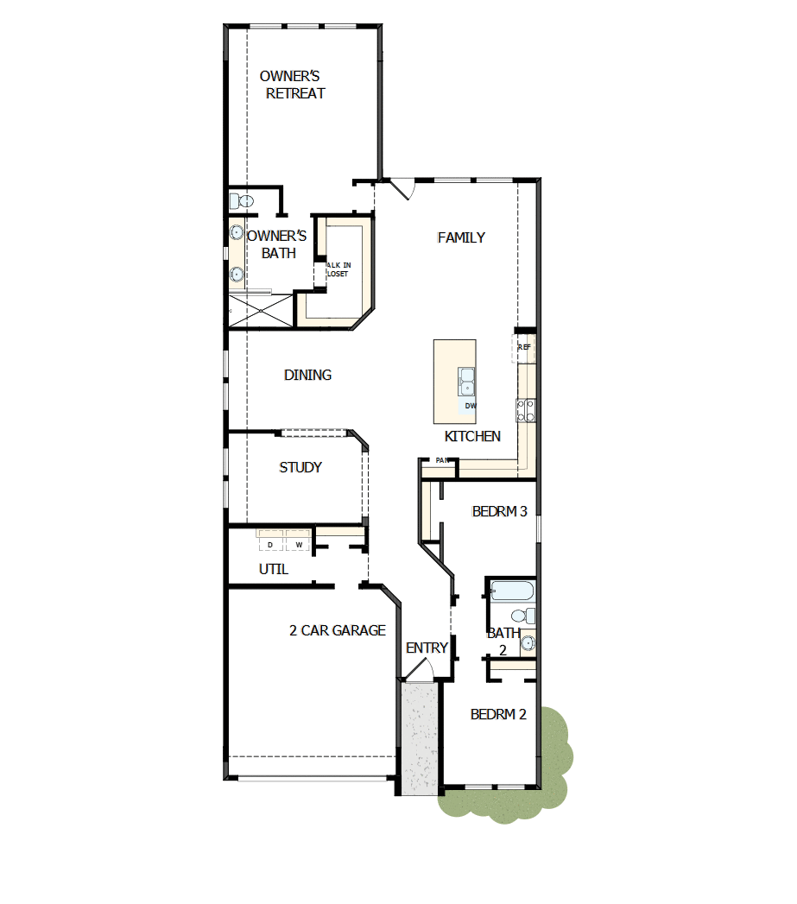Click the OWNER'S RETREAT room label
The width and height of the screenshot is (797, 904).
[295, 85]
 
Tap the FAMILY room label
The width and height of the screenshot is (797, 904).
[461, 237]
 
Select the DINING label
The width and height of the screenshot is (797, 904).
[307, 375]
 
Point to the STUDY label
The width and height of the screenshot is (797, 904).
[300, 467]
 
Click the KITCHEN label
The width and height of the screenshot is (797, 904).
[472, 436]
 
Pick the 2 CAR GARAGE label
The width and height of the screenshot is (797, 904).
[337, 630]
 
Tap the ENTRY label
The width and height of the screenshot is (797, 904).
[427, 648]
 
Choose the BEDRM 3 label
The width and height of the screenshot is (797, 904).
[499, 511]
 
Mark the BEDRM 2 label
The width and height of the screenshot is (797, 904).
[498, 714]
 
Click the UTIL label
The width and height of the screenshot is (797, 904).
[274, 570]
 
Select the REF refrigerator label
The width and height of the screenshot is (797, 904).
[524, 347]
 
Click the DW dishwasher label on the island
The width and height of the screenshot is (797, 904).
[471, 405]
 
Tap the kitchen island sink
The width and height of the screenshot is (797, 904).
[466, 380]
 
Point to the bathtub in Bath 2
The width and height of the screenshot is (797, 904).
[512, 591]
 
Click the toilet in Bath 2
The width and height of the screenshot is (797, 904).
[522, 616]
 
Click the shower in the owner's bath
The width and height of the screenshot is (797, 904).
[262, 310]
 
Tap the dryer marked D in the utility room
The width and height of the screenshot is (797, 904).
[269, 545]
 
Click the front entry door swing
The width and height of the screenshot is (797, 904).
[421, 670]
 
